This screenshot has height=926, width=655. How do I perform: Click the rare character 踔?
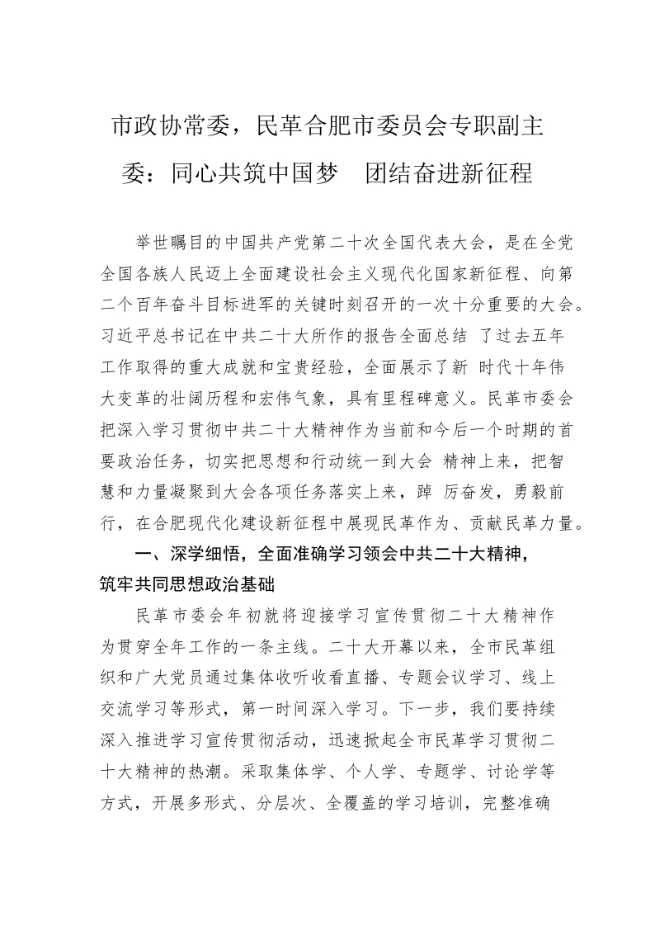click(425, 490)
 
